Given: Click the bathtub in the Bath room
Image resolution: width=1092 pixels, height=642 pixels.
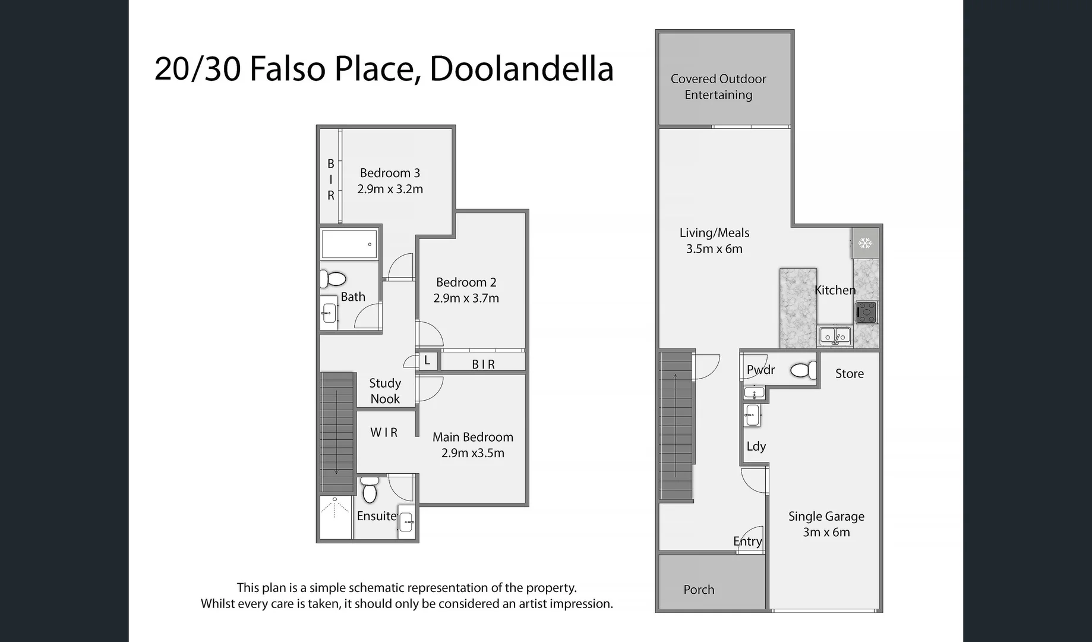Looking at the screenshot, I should pos(349,244).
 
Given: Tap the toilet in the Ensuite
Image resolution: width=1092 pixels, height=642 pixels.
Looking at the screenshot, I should pos(370,490).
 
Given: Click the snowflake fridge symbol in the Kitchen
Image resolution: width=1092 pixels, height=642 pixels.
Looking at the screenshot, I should pos(865,243).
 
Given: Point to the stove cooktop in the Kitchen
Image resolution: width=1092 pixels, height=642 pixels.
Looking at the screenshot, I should pos(866,312).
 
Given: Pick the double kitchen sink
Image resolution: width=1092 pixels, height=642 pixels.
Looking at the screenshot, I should pos(835,336).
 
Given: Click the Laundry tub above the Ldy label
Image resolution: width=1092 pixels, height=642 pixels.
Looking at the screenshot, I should pos(752,415).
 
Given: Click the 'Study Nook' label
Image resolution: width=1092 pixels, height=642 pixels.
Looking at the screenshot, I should pos(385,391).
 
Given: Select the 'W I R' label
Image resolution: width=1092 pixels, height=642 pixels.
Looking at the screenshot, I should pos(384,433).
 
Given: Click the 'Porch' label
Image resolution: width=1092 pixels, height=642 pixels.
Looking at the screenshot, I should pos(699,590).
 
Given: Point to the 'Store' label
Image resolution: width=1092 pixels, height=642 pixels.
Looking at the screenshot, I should pos(850,374).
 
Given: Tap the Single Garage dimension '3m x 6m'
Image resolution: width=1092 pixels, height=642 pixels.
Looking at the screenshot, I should pos(826,533).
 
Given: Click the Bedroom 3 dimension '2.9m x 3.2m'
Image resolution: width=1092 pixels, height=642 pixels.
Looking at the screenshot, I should pos(390,189).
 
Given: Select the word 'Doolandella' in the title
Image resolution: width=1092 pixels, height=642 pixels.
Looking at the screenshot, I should pos(521,68).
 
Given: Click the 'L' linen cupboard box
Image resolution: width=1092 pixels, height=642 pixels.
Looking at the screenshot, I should pos(427,361).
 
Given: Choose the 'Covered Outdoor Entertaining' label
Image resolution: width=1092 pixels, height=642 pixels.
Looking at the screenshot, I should pos(718,87).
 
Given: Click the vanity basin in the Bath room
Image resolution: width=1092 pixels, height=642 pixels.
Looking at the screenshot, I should pos(329,312).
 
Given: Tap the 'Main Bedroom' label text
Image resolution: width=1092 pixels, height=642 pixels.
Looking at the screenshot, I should pos(473,437).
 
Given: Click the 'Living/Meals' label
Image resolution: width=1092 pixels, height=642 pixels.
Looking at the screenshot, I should pos(714,233).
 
